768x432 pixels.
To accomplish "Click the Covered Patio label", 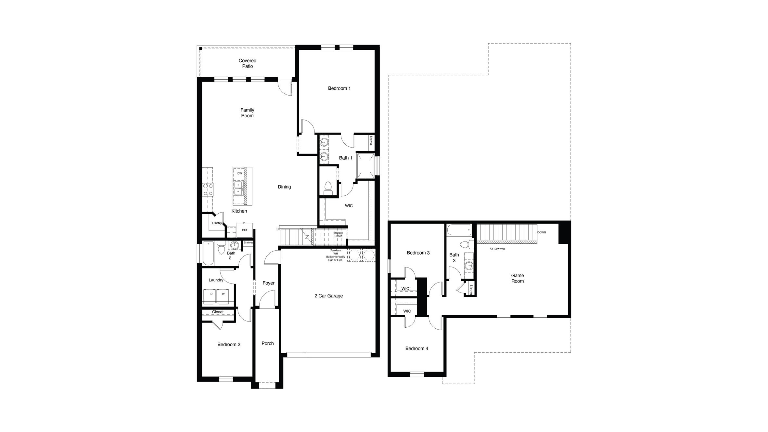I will [x=247, y=63].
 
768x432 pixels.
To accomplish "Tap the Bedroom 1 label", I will [x=339, y=88].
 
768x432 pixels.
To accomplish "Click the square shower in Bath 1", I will [x=365, y=165].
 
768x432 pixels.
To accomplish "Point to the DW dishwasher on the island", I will [x=239, y=174].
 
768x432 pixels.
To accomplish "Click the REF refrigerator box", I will [x=245, y=230].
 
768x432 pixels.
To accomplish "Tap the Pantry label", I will [x=217, y=223].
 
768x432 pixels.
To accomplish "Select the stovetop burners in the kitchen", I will [x=208, y=190].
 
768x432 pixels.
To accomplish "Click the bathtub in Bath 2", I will [x=208, y=253].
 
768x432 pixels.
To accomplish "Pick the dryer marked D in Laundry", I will [x=211, y=294].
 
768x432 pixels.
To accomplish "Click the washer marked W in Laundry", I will [x=223, y=294].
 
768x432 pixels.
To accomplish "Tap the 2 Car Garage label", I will [x=328, y=296].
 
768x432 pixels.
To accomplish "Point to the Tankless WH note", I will [x=336, y=255].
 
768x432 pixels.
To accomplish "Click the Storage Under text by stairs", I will [x=338, y=234].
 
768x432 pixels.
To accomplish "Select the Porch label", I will [x=267, y=343].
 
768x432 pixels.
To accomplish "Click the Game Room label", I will [x=517, y=278].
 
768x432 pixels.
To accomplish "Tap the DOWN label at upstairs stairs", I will [x=541, y=232].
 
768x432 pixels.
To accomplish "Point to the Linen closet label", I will [x=471, y=290].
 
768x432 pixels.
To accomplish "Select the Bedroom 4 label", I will [x=416, y=348].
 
